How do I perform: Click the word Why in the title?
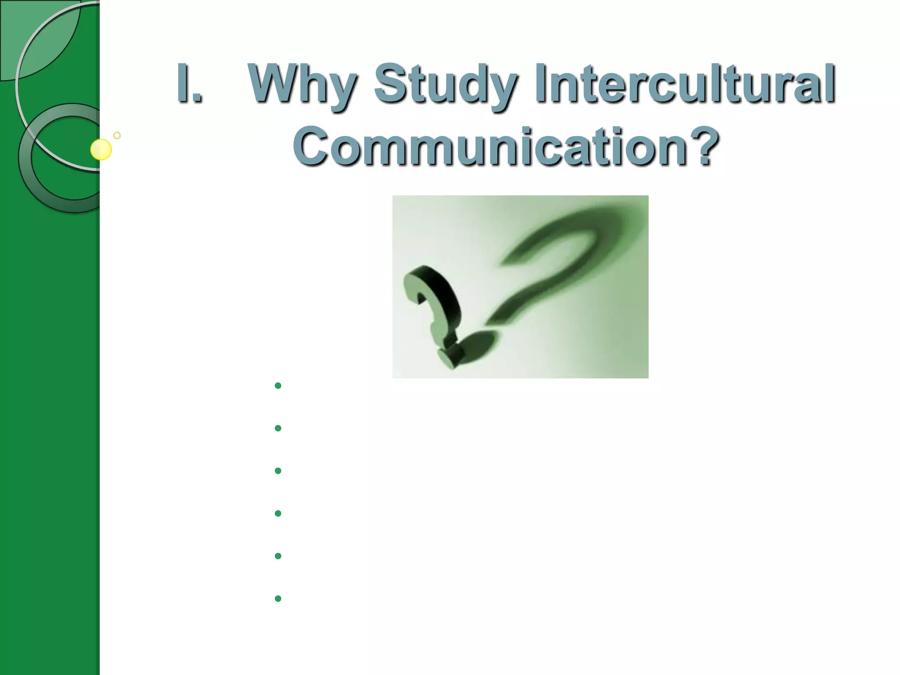point(301,83)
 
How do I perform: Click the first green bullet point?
point(278,386)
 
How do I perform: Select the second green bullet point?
point(278,428)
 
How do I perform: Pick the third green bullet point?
point(278,471)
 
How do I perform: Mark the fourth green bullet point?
point(278,513)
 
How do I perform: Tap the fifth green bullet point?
point(278,556)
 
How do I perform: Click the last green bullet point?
point(278,599)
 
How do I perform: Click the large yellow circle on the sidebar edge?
point(101,149)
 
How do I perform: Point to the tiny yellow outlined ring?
point(117,135)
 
